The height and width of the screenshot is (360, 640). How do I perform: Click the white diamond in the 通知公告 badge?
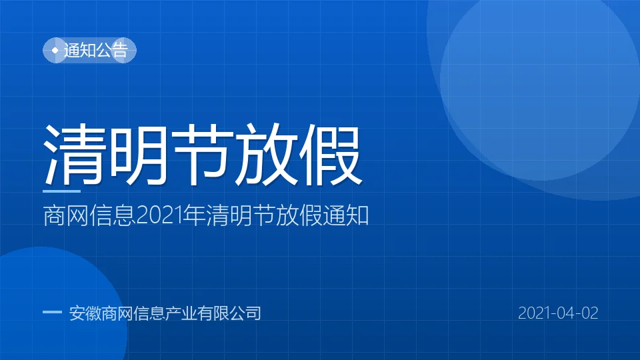click(55, 50)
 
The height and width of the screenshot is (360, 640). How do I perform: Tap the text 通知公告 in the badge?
click(96, 50)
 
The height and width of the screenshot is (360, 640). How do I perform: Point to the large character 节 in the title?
click(201, 155)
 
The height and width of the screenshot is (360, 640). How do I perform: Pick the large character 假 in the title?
click(331, 155)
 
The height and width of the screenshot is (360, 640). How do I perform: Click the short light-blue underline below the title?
click(61, 191)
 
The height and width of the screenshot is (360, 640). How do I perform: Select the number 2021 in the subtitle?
click(159, 216)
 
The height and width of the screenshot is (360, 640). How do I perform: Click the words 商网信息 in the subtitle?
click(89, 215)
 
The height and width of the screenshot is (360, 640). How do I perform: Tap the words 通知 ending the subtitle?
click(346, 215)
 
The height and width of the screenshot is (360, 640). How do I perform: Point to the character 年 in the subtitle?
click(194, 215)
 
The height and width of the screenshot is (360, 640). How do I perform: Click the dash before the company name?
click(52, 312)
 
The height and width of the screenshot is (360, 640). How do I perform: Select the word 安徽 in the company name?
click(85, 313)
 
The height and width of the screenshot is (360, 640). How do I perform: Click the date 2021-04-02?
click(558, 313)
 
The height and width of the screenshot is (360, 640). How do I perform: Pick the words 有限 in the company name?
click(213, 313)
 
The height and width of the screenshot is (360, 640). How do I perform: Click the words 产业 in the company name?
click(181, 313)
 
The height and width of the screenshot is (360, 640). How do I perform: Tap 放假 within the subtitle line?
click(299, 215)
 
